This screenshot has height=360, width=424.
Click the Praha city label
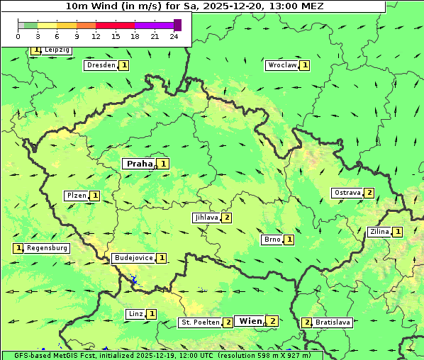[139, 164]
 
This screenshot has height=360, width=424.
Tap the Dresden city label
[100, 65]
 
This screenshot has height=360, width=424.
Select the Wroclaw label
[281, 65]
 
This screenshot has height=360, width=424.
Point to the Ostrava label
[347, 193]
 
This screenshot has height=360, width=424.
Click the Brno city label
[272, 240]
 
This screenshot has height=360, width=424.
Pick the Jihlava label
[206, 218]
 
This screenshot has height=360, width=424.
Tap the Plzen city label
[77, 196]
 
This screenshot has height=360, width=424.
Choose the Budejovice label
[133, 258]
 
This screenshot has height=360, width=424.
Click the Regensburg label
[47, 248]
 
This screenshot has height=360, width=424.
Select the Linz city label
[135, 314]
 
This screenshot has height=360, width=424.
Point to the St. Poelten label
[199, 322]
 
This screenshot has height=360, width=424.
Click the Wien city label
[250, 321]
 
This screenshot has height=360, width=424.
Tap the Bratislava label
[333, 322]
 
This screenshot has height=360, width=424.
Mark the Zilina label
[379, 232]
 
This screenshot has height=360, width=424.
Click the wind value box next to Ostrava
[369, 193]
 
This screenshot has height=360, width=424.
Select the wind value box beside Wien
[272, 321]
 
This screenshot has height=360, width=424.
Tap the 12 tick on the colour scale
[95, 36]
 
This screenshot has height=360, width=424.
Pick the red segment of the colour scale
[115, 25]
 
